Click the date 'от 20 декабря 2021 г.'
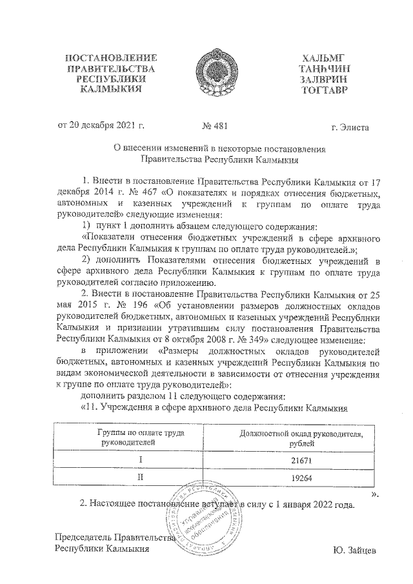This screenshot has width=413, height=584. point(100,126)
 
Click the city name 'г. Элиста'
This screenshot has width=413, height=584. point(349,127)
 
